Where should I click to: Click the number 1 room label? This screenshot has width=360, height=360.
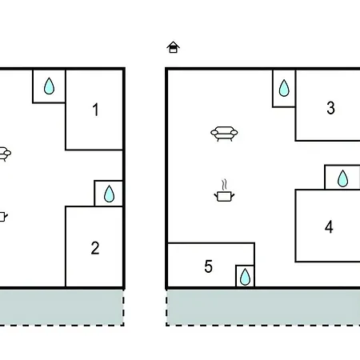(96, 110)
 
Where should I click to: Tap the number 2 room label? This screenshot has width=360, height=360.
(95, 248)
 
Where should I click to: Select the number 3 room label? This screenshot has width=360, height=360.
(330, 108)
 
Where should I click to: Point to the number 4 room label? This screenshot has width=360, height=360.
(329, 227)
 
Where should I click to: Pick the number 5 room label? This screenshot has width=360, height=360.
(208, 266)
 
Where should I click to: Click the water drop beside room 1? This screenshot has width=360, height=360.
(49, 86)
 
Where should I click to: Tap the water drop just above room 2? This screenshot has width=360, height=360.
(109, 194)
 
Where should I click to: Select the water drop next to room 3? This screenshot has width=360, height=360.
(284, 88)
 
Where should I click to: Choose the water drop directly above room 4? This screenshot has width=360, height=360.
(342, 178)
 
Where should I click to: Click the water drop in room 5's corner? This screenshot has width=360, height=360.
(245, 277)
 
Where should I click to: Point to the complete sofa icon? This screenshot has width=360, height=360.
(224, 134)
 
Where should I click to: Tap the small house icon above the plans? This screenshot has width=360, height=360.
(173, 47)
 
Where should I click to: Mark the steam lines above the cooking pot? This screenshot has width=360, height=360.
(225, 185)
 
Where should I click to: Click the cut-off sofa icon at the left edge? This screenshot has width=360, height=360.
(5, 154)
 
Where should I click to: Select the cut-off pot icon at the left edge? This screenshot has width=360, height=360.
(3, 217)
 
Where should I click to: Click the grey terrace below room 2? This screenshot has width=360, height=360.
(62, 307)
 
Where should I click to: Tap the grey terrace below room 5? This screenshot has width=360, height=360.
(263, 307)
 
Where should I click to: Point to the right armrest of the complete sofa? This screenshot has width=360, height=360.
(234, 132)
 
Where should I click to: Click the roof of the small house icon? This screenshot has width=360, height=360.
(173, 44)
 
